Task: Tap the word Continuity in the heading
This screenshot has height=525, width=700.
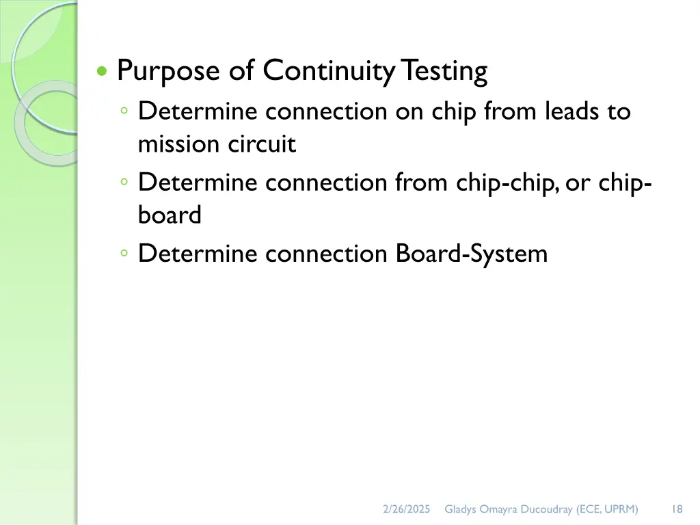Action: click(329, 71)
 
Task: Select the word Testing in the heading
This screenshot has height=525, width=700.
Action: click(444, 71)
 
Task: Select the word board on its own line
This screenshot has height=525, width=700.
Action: click(170, 215)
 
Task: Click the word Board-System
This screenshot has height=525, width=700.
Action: click(472, 254)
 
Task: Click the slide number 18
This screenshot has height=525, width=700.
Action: click(677, 509)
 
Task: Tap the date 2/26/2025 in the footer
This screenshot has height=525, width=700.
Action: click(407, 509)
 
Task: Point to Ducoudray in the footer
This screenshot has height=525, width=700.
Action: click(546, 509)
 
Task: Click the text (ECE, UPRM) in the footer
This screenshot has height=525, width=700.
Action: click(608, 509)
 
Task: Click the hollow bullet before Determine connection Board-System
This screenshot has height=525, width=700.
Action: click(124, 254)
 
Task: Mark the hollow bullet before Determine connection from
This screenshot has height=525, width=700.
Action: click(124, 183)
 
